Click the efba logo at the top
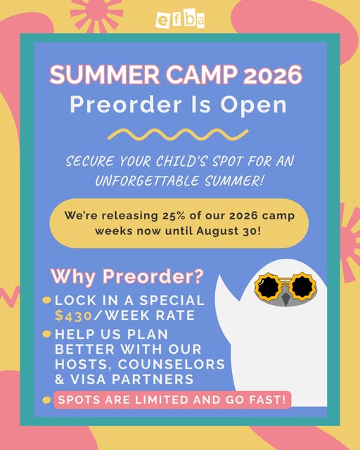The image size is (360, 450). tap(180, 20)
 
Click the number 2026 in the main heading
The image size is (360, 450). tap(273, 75)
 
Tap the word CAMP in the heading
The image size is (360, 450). tap(202, 75)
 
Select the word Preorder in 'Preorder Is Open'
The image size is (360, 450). tap(126, 104)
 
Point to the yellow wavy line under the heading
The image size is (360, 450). tap(178, 134)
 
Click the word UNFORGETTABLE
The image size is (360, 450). tap(147, 181)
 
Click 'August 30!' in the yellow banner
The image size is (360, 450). tap(229, 231)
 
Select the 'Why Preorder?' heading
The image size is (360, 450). tap(127, 276)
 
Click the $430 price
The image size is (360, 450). tap(73, 316)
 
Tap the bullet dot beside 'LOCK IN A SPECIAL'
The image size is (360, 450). tap(46, 300)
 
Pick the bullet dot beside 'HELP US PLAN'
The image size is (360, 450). tap(46, 334)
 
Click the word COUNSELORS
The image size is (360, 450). tap(172, 364)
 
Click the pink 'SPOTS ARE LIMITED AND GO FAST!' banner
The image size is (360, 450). tap(172, 400)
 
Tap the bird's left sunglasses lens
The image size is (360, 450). tap(269, 287)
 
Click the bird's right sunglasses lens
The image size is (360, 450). tap(302, 286)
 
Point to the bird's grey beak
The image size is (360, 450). tap(285, 299)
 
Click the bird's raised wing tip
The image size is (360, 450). tap(220, 276)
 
